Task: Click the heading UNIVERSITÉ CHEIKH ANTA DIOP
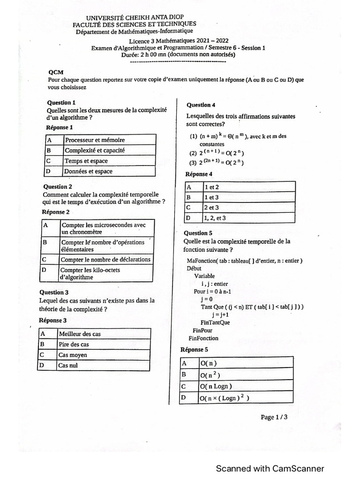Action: tap(135, 17)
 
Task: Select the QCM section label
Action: tap(56, 72)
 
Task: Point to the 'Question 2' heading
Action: tap(58, 187)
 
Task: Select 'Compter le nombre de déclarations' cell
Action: tap(105, 259)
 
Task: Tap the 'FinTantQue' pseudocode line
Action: tap(215, 322)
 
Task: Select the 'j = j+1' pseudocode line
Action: tap(220, 315)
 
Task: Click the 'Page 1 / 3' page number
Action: tap(274, 417)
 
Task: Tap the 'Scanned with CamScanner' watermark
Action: tap(270, 468)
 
